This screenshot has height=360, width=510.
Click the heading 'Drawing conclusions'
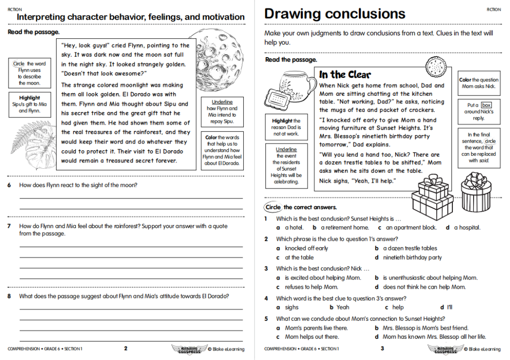pos(334,14)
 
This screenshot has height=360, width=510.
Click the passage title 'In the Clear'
pos(345,75)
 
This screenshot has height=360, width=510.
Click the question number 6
pos(9,185)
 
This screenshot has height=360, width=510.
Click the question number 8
pos(9,296)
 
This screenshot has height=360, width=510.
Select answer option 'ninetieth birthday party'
pos(412,257)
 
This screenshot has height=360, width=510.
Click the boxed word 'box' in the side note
pos(486,105)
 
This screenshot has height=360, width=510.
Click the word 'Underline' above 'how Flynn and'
pos(222,102)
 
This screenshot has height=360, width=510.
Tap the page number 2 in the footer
pos(126,349)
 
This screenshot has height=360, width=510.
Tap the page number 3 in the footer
pos(382,349)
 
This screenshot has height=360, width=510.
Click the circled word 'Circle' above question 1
pos(273,207)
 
